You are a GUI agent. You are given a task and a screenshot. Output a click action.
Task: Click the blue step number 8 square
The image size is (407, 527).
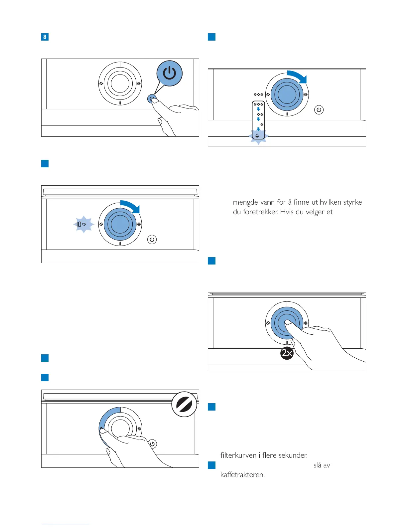coord(45,37)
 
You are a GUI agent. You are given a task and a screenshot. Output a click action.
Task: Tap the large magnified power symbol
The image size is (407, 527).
coord(170,73)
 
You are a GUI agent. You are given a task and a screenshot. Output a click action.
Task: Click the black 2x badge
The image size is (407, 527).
coord(287,353)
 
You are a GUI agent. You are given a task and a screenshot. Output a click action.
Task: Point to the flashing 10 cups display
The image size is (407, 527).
coord(81,225)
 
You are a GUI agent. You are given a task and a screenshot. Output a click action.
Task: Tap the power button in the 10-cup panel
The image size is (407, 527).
coord(152,240)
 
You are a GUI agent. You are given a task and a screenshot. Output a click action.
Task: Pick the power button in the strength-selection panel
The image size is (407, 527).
coord(319,110)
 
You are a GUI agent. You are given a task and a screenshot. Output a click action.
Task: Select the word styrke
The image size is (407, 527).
coord(353,202)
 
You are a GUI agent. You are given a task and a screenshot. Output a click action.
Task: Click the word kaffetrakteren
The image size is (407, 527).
coord(242,474)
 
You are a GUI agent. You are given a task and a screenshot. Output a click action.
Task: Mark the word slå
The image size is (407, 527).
coord(317,465)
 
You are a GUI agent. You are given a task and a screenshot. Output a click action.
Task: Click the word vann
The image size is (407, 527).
coord(266,202)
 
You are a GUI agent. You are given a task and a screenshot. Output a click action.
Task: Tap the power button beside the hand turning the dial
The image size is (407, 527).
coord(152,444)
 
